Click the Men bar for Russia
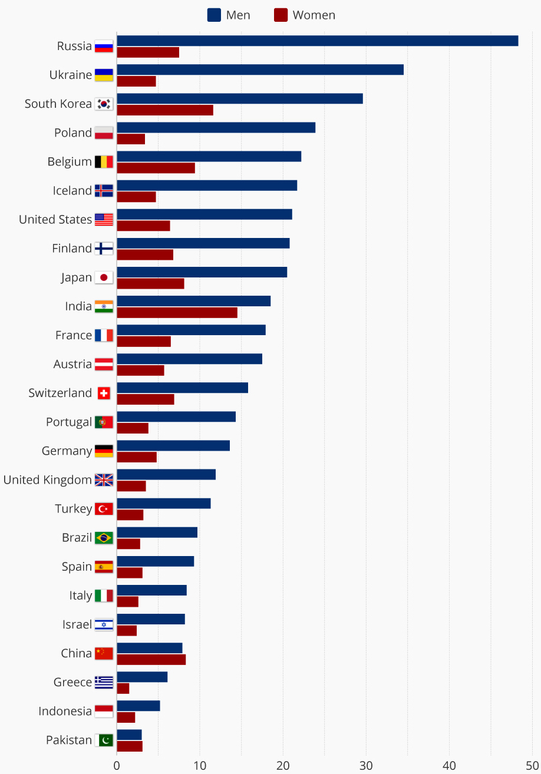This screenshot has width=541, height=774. coord(317,41)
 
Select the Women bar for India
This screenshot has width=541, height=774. coord(177,313)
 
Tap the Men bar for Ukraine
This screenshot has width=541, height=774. coord(260,70)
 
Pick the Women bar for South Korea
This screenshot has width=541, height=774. coord(165,110)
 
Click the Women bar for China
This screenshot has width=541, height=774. coord(151,660)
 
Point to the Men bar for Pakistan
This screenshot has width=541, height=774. coord(129,735)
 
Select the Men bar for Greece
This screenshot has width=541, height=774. coord(142,677)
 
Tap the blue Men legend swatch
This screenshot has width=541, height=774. coord(214,15)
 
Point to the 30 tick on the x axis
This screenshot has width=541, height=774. coord(366,766)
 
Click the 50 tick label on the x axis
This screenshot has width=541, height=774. coord(532,766)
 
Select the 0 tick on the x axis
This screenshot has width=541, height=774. coord(117,766)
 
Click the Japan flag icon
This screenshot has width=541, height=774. coord(104,277)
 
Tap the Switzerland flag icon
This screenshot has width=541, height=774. coord(104,393)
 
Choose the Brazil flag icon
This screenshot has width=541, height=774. coord(104,538)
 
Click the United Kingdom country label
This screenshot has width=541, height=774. coord(47,480)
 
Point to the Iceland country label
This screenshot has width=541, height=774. coord(72,191)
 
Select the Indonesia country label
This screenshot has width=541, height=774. coord(65,712)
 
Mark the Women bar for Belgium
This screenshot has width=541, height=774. coord(156,168)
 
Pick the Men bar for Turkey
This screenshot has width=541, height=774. coord(163,504)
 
